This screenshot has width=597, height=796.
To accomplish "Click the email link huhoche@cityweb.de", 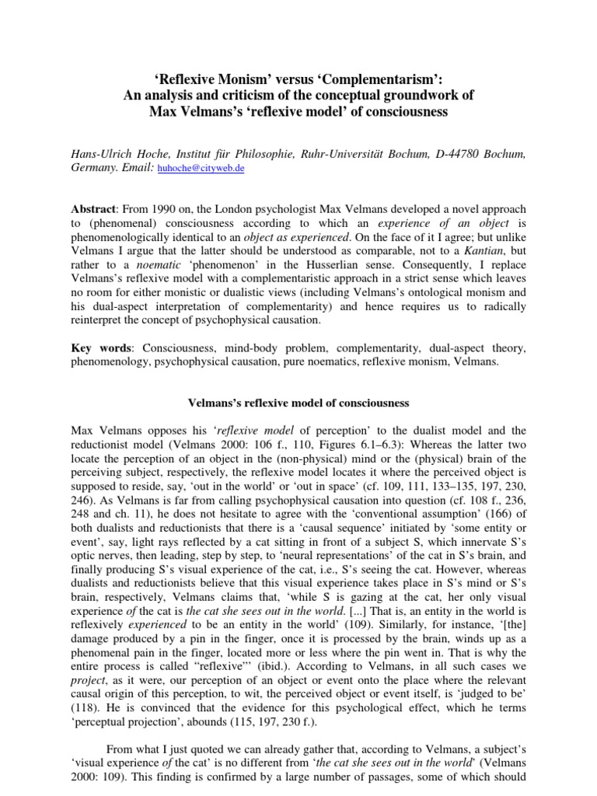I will coord(201,168).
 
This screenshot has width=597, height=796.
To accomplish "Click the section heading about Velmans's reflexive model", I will coord(298,402).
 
